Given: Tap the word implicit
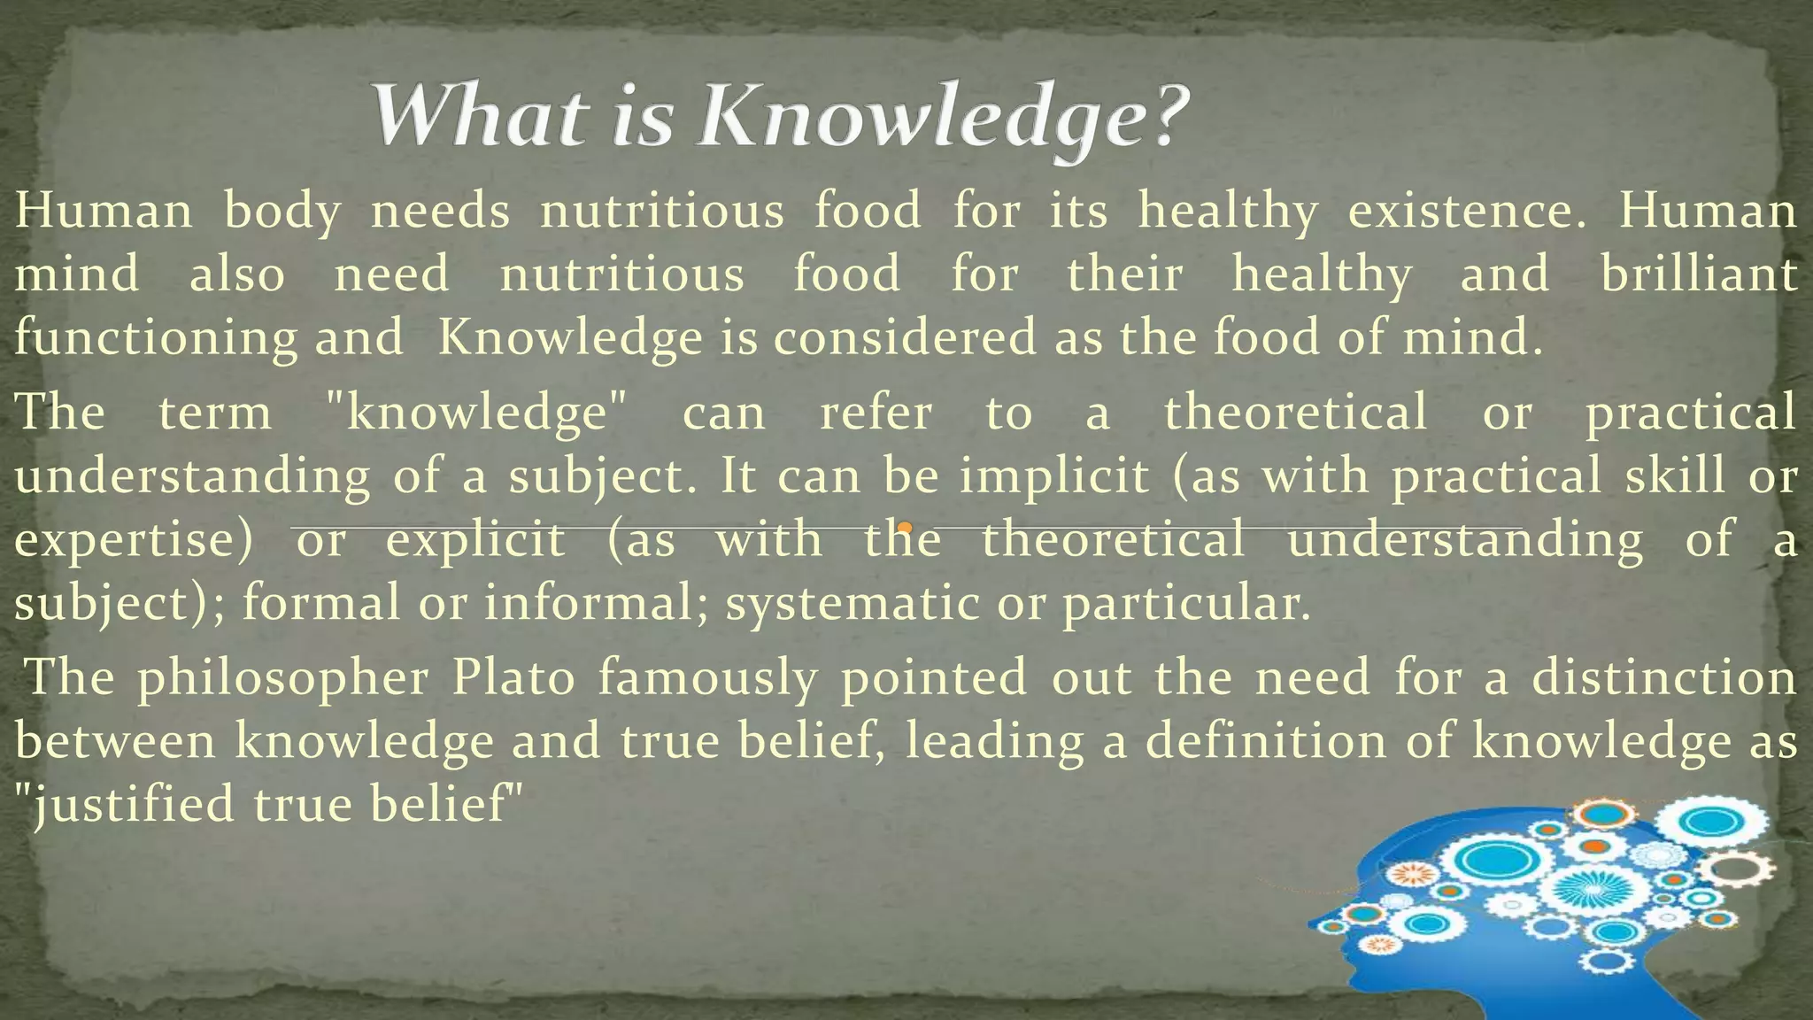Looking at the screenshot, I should [x=1054, y=475].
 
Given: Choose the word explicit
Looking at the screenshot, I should [x=475, y=540].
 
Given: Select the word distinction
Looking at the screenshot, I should [x=1664, y=678].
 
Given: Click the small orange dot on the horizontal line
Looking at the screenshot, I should [x=904, y=529].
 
